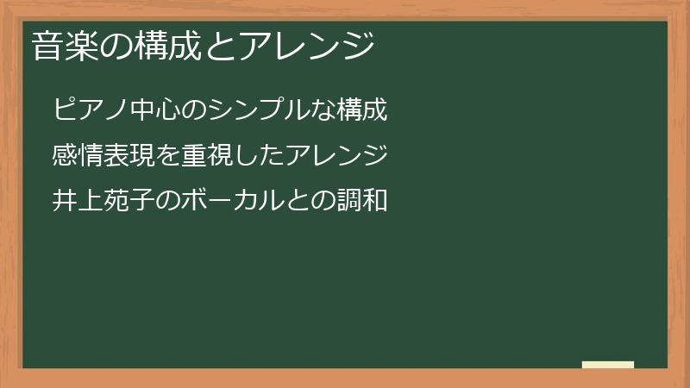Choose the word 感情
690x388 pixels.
(x=78, y=156)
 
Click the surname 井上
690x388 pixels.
(x=78, y=201)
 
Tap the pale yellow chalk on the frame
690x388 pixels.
(x=607, y=365)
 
